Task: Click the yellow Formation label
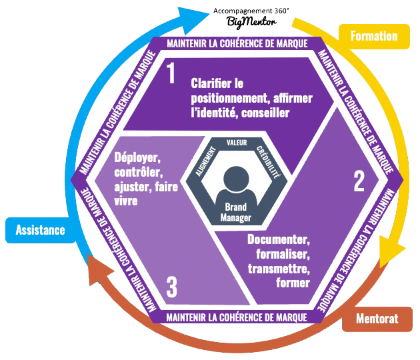373,36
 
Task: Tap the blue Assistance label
41,230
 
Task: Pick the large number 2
359,180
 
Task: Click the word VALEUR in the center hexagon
237,143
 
